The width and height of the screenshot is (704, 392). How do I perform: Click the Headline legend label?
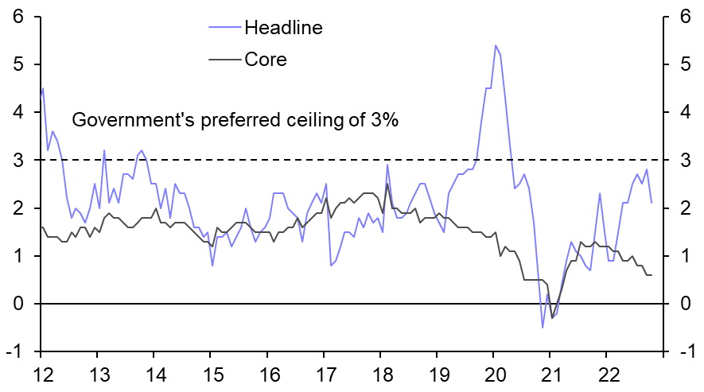[283, 28]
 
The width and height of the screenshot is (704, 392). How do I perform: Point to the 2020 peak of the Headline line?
[495, 45]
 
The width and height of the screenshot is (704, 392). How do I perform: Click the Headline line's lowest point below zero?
[543, 327]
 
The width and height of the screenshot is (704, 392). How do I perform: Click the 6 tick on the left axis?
[17, 17]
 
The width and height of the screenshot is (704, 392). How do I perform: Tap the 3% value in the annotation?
[382, 121]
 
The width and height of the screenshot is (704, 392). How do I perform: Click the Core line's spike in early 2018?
[387, 184]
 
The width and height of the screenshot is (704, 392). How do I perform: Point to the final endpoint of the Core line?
[651, 275]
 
